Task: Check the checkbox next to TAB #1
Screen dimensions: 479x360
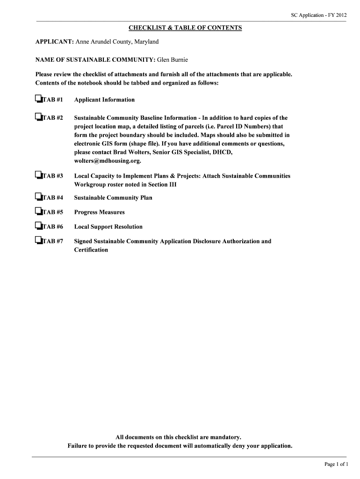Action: click(x=38, y=99)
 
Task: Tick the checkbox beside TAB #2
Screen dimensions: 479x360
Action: click(x=38, y=117)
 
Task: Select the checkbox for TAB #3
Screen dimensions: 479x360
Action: click(x=38, y=175)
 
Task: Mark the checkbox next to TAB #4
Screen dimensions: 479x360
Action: click(x=38, y=197)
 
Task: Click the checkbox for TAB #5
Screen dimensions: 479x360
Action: click(x=38, y=211)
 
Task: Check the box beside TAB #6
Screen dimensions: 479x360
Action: click(x=38, y=226)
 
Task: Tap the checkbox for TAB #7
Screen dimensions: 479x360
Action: click(x=38, y=240)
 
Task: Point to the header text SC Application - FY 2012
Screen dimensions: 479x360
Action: click(x=319, y=15)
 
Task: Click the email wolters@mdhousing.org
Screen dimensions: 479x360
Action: click(x=108, y=161)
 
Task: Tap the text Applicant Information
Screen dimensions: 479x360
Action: click(x=104, y=100)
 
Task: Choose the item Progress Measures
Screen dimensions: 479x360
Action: click(x=100, y=212)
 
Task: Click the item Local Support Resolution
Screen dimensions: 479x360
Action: click(x=108, y=227)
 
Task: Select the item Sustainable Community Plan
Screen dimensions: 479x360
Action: click(x=113, y=198)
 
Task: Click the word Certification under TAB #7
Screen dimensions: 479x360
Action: click(x=91, y=250)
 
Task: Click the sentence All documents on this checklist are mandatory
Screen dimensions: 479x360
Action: click(x=180, y=437)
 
